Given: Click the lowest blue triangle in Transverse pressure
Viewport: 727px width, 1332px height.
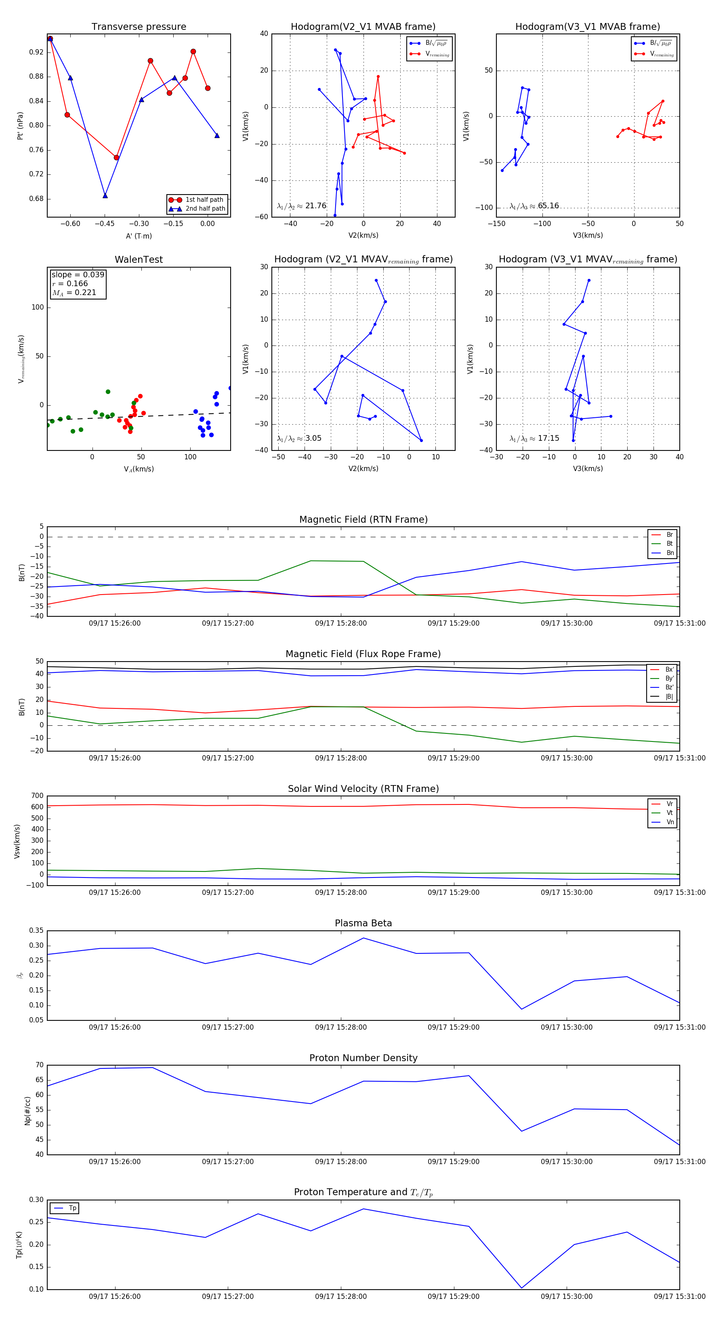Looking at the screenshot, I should [x=105, y=195].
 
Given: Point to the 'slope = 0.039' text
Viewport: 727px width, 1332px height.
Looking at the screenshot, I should [x=78, y=274].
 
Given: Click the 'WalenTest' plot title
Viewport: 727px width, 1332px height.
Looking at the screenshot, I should [x=139, y=260].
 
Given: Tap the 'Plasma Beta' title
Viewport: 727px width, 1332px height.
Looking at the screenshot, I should [x=363, y=924].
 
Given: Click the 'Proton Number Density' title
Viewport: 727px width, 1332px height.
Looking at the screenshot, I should [x=363, y=1058].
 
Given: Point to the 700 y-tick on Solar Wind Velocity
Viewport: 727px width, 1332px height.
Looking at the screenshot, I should [x=37, y=796].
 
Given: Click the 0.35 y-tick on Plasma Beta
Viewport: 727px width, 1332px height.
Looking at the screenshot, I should [x=36, y=931].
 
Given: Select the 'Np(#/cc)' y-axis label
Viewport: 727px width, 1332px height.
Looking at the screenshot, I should [x=27, y=1110].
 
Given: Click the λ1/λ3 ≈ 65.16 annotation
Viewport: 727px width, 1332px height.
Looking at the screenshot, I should [x=534, y=206].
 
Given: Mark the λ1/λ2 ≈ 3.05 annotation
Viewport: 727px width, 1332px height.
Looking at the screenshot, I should [x=299, y=438].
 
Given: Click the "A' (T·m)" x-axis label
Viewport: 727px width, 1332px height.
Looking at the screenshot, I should [x=139, y=236].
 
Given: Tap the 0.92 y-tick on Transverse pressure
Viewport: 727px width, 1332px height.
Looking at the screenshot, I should [x=36, y=52].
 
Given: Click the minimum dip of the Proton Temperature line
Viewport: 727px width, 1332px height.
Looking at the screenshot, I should [x=521, y=1288].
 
